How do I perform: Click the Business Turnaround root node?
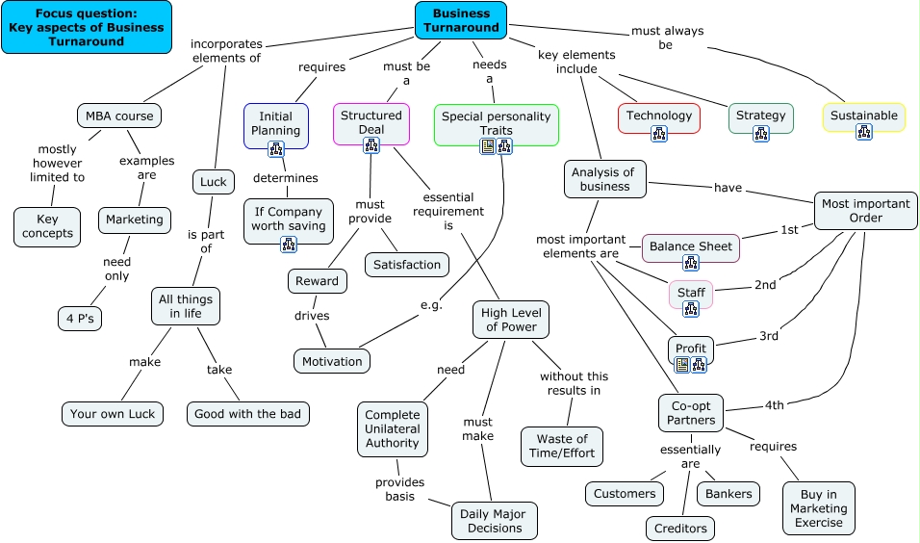coord(461,20)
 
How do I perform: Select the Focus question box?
coord(87,27)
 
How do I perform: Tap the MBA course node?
coord(119,116)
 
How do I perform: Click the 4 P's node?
coord(80,319)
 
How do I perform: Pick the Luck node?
coord(213,182)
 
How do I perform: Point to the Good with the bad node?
coord(247,414)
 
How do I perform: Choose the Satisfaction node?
coord(407,265)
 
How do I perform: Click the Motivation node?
coord(332,361)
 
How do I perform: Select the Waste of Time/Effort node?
coord(561,446)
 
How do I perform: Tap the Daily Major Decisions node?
coord(494,521)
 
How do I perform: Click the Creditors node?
coord(680,529)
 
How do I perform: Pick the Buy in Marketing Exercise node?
coord(819,508)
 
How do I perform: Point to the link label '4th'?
coord(775,405)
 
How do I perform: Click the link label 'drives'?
coord(312,316)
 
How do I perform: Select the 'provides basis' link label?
coord(400,489)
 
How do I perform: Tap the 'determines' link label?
coord(286,178)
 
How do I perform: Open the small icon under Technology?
coord(659,134)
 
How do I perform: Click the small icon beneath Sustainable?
coord(863,132)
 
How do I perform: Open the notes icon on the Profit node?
coord(681,365)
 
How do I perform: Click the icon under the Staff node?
coord(691,309)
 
